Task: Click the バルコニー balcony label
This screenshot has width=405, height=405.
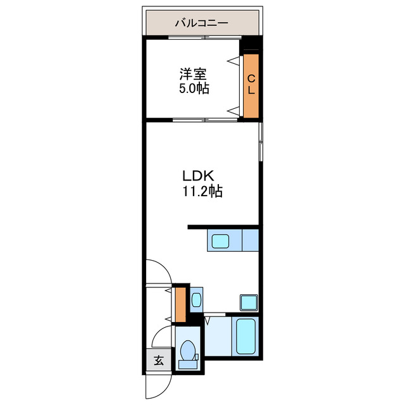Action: pos(202,24)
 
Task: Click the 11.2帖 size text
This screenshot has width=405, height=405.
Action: pos(202,192)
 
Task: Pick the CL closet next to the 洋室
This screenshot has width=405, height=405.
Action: pos(251,87)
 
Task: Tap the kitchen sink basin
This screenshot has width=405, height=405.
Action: pos(221,241)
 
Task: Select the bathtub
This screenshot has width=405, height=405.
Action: pos(246,336)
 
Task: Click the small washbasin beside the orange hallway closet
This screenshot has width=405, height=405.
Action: pos(196,300)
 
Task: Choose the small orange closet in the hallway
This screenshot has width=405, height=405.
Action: pos(180,304)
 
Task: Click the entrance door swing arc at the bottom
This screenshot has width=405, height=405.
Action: pos(158,387)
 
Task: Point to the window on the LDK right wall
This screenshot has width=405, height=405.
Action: pos(260,142)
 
